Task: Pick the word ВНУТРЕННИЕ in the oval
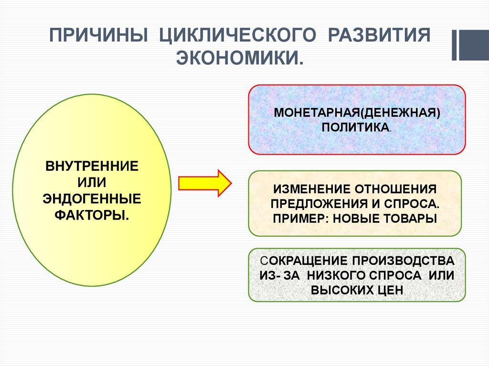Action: [92, 167]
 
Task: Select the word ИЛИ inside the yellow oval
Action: [92, 183]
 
